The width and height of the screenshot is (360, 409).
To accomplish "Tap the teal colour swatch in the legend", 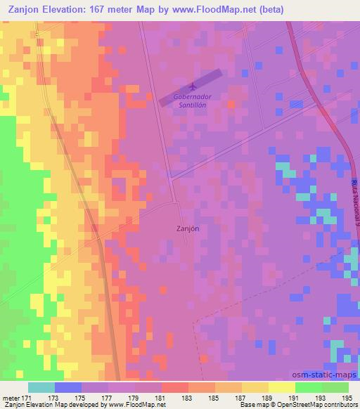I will click(x=41, y=387).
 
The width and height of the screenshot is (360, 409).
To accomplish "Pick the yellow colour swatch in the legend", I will click(x=281, y=387).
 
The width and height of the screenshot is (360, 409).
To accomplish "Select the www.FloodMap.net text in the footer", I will click(x=139, y=405).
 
